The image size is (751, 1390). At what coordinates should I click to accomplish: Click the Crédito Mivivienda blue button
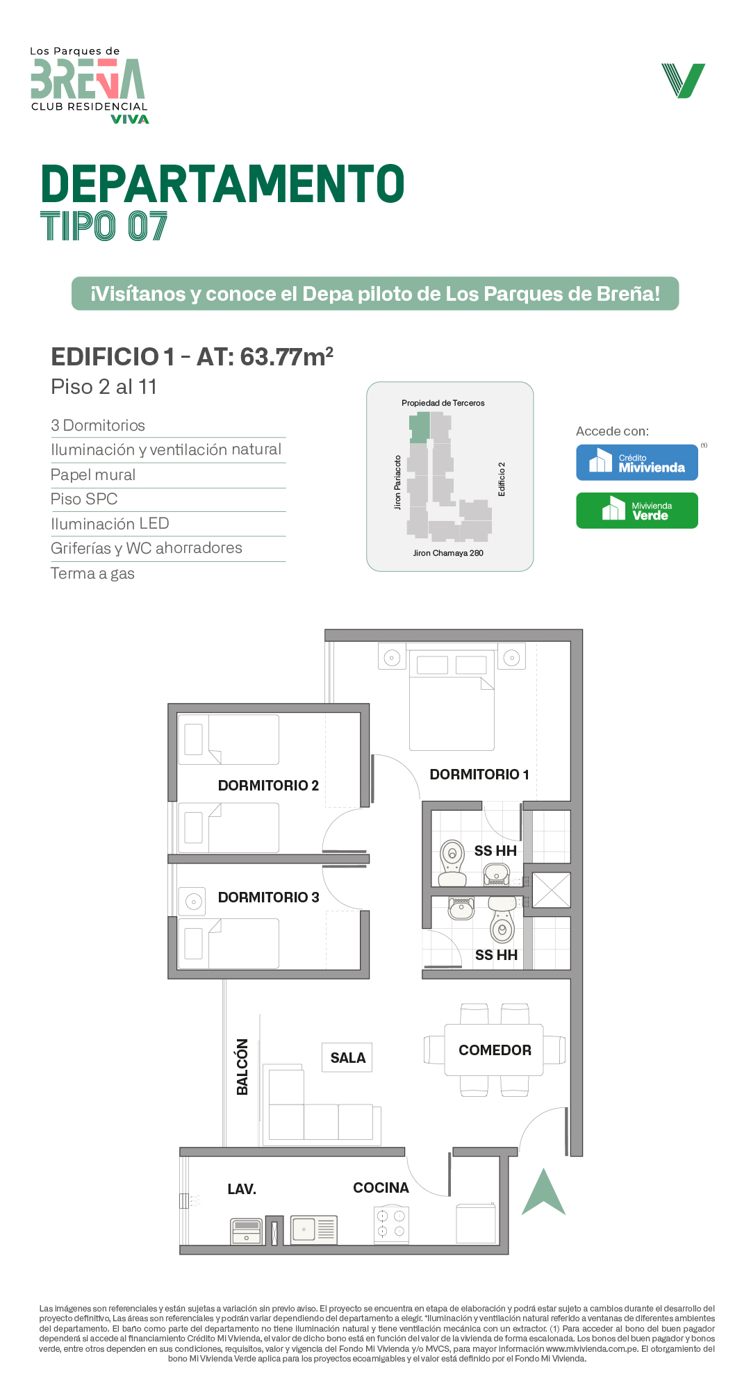[637, 463]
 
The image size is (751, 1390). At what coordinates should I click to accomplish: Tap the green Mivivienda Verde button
[637, 511]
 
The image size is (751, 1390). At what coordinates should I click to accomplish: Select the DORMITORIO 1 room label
[479, 775]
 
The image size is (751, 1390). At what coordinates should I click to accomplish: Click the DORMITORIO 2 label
[268, 786]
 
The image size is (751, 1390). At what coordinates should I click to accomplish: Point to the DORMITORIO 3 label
[268, 897]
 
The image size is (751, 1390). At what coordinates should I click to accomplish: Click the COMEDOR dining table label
[495, 1050]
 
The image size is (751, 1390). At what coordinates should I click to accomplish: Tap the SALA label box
[347, 1058]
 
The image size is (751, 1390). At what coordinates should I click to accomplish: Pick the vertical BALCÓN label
[242, 1067]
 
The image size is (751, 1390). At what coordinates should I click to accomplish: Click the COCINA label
[381, 1188]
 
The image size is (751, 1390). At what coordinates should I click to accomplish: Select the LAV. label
[242, 1189]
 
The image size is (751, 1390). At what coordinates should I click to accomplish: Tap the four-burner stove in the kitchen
[391, 1224]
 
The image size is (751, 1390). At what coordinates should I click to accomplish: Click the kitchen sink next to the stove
[313, 1230]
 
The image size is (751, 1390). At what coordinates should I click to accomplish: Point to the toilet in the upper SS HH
[452, 863]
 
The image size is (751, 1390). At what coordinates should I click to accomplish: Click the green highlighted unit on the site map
[419, 427]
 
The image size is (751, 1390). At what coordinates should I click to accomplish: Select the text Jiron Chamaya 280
[448, 553]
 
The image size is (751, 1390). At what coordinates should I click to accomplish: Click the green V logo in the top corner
[684, 81]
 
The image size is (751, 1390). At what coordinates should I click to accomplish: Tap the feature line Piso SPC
[84, 499]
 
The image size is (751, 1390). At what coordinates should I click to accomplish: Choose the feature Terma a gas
[92, 573]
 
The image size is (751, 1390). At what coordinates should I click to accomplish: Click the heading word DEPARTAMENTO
[223, 184]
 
